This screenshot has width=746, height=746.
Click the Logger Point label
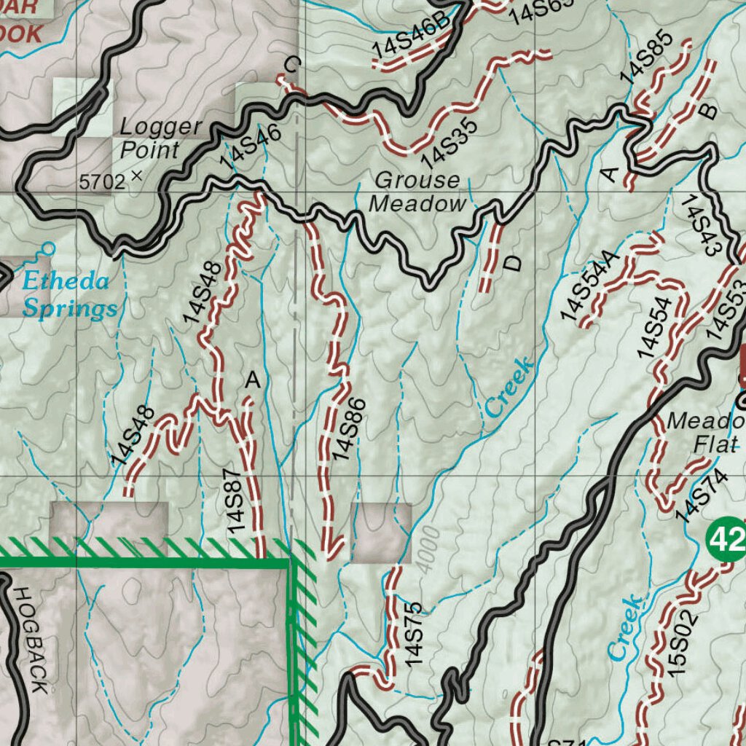[x=160, y=138]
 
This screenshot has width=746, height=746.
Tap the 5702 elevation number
[x=103, y=181]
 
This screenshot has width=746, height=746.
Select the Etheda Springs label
[x=67, y=295]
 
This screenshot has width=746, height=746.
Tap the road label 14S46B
[x=412, y=36]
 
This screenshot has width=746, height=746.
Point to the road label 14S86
[x=347, y=430]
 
